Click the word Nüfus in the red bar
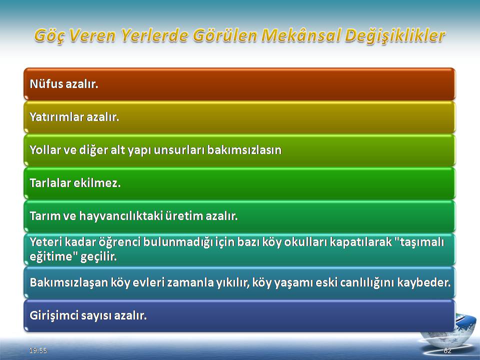tap(46, 83)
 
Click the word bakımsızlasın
tap(244, 149)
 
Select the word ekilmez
tap(97, 183)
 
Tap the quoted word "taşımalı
tap(419, 242)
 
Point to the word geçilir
tap(98, 256)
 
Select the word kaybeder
tap(424, 282)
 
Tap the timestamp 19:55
tap(38, 350)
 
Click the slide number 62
tap(447, 350)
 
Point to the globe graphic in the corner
tap(448, 333)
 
